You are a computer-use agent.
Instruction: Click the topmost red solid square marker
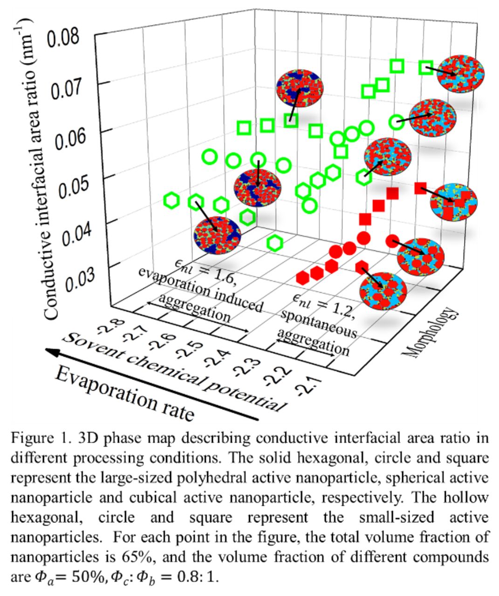(420, 188)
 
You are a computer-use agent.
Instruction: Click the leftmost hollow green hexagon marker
(172, 201)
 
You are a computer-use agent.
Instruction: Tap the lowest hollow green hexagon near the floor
(275, 243)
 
